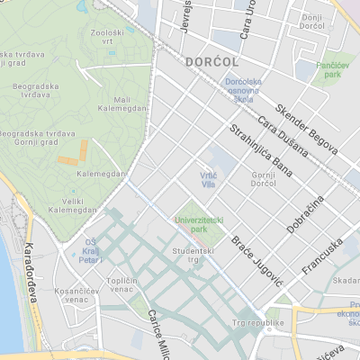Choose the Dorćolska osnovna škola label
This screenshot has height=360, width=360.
pos(243,91)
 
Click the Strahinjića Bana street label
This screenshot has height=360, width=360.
pos(262,149)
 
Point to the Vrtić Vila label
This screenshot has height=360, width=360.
pos(209,180)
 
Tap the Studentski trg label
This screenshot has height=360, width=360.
pos(192,256)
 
